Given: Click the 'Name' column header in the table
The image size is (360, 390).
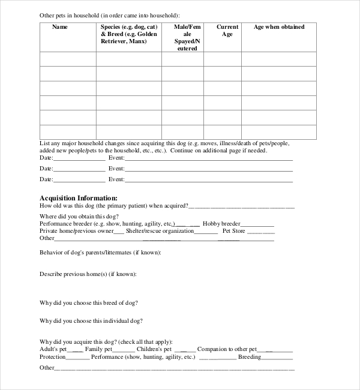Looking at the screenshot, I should pos(60,27).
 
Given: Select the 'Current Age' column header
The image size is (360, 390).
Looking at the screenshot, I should pos(227,31).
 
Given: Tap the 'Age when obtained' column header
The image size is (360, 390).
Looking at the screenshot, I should pos(278,27).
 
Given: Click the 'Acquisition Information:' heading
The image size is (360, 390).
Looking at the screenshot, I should pos(78,197).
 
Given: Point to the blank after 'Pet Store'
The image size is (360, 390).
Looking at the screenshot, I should pos(261,232).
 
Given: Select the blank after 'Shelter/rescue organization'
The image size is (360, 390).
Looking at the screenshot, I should pos(207,232).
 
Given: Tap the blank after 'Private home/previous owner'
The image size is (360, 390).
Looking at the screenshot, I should pos(119,232).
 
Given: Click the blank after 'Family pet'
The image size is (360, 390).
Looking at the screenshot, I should pos(124,350).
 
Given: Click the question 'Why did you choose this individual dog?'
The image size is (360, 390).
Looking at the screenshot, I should pos(91,321).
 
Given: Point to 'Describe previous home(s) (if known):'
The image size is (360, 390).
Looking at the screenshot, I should pos(88,274).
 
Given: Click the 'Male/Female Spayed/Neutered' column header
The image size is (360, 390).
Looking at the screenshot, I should pos(182,37).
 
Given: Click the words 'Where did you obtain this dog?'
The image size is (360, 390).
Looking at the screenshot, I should pos(79,215).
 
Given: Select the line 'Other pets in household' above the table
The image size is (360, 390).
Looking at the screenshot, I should pos(109,15).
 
